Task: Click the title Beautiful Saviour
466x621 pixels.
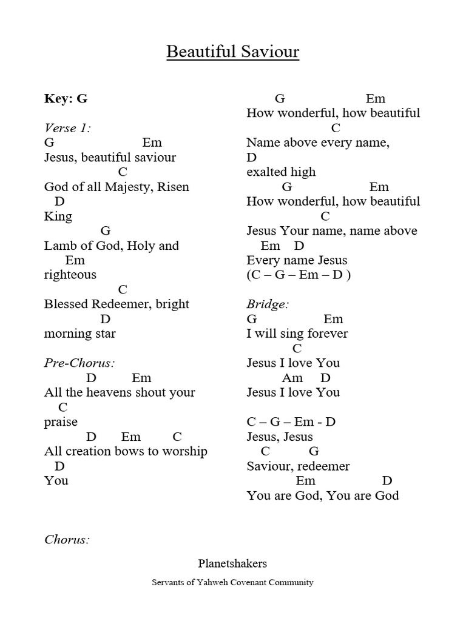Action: (233, 52)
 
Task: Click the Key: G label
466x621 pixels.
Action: (66, 99)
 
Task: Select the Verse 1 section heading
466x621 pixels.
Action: (68, 128)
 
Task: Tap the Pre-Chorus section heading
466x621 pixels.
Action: (79, 363)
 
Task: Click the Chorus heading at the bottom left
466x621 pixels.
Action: (67, 539)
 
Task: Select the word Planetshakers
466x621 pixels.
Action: (232, 563)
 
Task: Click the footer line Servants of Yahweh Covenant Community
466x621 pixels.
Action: (232, 582)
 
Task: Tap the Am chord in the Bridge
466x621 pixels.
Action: (292, 378)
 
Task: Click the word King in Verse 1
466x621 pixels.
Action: (58, 217)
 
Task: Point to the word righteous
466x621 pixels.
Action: (70, 275)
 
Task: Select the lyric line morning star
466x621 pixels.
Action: (79, 334)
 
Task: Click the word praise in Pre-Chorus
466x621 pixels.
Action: (61, 422)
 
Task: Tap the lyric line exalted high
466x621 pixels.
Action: (281, 172)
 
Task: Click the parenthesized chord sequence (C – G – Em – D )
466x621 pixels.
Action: (299, 275)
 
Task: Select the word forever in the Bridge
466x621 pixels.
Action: (325, 334)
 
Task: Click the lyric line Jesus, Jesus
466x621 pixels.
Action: (280, 437)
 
